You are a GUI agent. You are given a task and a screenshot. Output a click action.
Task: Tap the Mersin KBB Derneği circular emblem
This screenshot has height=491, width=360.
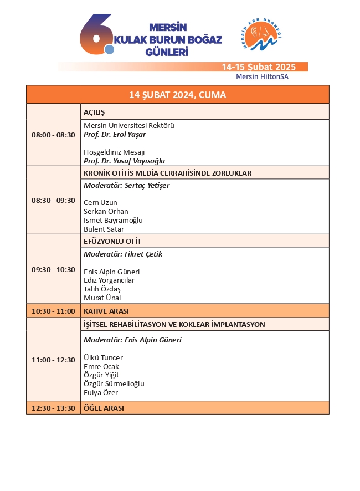click(263, 37)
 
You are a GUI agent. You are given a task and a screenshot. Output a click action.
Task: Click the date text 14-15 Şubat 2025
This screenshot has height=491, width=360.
click(259, 67)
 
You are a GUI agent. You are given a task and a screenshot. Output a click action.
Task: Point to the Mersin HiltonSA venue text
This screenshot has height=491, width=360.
click(262, 77)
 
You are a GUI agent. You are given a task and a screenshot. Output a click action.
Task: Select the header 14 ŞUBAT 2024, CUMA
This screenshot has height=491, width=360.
click(177, 95)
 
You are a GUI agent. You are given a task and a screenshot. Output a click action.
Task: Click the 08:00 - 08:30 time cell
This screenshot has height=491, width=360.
click(53, 135)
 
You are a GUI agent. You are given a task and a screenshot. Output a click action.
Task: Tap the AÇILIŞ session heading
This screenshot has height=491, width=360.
click(94, 112)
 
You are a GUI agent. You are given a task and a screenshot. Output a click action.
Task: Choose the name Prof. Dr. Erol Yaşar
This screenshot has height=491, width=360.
click(115, 134)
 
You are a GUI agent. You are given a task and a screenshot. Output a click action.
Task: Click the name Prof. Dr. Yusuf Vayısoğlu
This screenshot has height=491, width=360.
click(124, 161)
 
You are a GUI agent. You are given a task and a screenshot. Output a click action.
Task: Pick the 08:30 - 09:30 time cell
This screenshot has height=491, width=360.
click(53, 200)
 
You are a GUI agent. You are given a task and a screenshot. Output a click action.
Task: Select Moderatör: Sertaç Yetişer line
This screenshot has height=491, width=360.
click(126, 186)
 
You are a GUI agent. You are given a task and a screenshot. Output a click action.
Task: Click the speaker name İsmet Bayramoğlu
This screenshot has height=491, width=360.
click(113, 220)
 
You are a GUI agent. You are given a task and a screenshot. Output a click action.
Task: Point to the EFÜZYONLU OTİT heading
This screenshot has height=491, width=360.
click(112, 241)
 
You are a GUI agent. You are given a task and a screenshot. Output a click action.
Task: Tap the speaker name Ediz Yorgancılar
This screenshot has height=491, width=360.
click(109, 280)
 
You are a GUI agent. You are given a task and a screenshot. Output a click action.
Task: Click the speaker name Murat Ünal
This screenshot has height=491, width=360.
click(102, 298)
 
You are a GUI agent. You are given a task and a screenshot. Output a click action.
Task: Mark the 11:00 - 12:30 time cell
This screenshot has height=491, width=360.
click(53, 360)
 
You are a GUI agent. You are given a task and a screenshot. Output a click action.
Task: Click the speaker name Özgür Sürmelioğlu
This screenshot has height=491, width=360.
click(114, 384)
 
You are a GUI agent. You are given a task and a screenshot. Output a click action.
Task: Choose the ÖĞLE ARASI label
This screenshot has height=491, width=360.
click(104, 408)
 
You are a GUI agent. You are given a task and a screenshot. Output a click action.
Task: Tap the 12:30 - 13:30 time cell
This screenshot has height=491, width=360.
click(53, 408)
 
